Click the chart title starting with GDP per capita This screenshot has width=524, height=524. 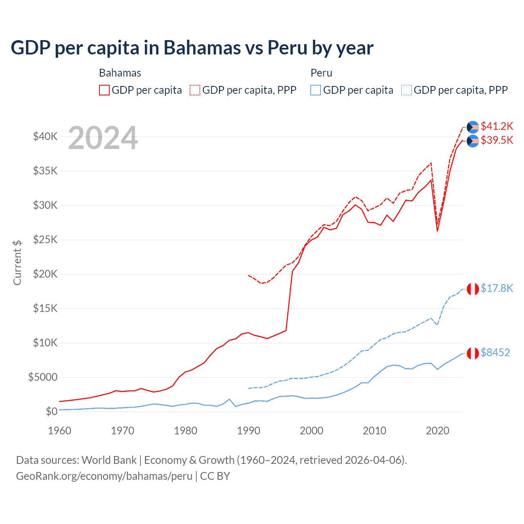[192, 48]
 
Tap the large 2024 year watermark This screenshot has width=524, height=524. [103, 138]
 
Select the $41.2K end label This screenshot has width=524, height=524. [497, 126]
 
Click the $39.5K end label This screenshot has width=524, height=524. [497, 140]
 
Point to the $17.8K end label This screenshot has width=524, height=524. [497, 288]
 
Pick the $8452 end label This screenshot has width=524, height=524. [495, 352]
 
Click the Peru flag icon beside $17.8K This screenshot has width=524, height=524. [473, 289]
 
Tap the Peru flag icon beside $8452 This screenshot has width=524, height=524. [473, 353]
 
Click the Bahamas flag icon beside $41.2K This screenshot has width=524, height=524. [473, 127]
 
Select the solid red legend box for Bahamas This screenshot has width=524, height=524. [104, 90]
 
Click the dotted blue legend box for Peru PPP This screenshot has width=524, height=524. [407, 90]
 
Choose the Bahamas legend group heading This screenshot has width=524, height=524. [120, 73]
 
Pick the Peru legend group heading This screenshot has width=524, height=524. [321, 73]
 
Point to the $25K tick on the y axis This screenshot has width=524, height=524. [45, 239]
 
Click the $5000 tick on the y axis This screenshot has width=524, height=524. [43, 377]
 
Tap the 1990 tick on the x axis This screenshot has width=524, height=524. [248, 431]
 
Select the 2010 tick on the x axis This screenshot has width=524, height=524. [375, 431]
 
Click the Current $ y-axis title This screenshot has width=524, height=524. [17, 262]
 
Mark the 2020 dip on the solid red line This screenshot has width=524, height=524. [437, 231]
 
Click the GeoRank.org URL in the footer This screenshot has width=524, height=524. [104, 476]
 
